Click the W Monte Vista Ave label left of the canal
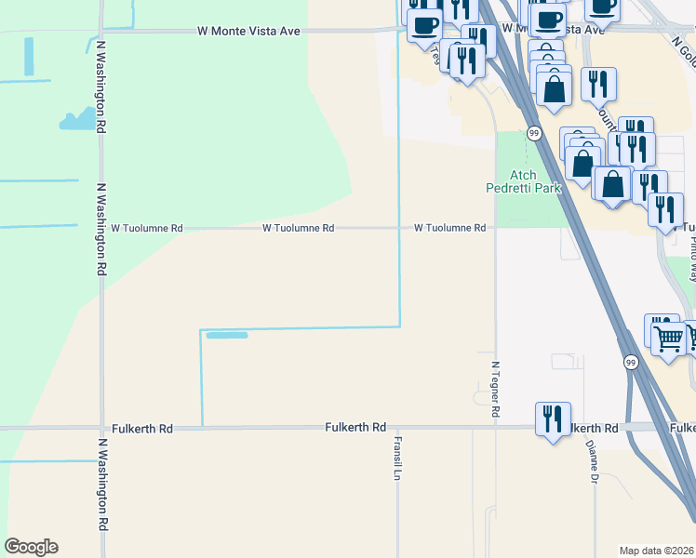[248, 31]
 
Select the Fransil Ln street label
[396, 458]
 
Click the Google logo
[31, 547]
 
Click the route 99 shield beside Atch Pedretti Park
[534, 134]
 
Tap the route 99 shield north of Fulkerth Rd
[631, 362]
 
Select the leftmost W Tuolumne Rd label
[147, 227]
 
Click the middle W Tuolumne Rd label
[298, 227]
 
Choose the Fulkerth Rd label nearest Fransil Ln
[355, 427]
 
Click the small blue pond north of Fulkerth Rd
[226, 335]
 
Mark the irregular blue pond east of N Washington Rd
[82, 118]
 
